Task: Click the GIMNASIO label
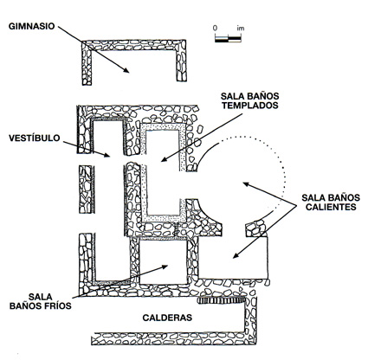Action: tap(31, 26)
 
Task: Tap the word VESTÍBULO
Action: tap(35, 138)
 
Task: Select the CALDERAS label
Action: tap(167, 318)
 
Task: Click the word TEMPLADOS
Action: tap(250, 106)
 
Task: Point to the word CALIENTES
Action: tap(331, 207)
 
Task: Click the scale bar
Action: tap(228, 39)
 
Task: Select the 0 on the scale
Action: tap(215, 29)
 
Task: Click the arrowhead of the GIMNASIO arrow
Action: tap(126, 70)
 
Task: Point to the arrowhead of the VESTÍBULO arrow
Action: tap(107, 155)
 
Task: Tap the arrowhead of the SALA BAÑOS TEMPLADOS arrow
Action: tap(165, 159)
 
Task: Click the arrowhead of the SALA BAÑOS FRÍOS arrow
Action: tap(165, 267)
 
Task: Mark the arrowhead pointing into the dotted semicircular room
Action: tap(246, 184)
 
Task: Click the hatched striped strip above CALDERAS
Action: tap(222, 300)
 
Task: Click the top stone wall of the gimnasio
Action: tap(133, 45)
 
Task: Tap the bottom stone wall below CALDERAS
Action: tap(173, 339)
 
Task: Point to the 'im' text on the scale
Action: tap(241, 29)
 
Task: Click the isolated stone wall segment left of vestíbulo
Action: tap(87, 190)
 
